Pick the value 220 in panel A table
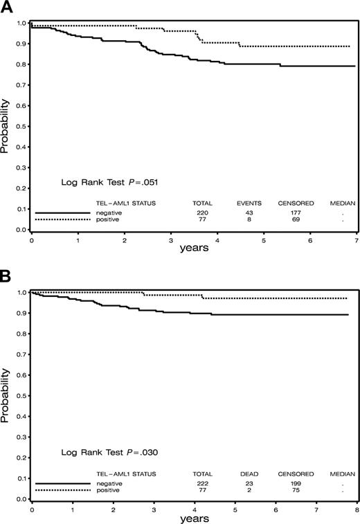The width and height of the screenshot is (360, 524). point(202,213)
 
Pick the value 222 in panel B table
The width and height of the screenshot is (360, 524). point(202,482)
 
